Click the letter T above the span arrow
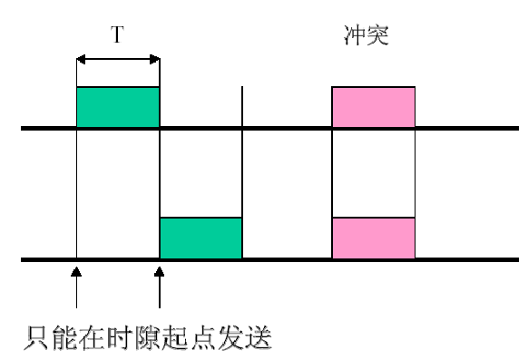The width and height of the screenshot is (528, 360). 118,35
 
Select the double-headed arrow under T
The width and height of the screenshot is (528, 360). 118,60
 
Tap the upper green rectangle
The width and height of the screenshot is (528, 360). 118,107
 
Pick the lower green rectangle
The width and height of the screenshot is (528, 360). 201,238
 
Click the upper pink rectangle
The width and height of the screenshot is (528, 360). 374,107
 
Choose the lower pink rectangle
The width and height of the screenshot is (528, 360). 374,238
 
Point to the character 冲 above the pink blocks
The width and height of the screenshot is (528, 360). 356,36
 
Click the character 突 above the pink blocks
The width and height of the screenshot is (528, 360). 379,36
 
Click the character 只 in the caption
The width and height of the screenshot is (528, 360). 35,338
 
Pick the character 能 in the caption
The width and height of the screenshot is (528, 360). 64,338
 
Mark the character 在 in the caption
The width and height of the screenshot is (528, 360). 91,338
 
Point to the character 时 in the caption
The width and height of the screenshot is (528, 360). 119,338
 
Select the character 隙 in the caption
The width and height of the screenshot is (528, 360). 147,338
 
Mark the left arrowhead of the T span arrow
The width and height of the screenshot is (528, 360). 80,60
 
